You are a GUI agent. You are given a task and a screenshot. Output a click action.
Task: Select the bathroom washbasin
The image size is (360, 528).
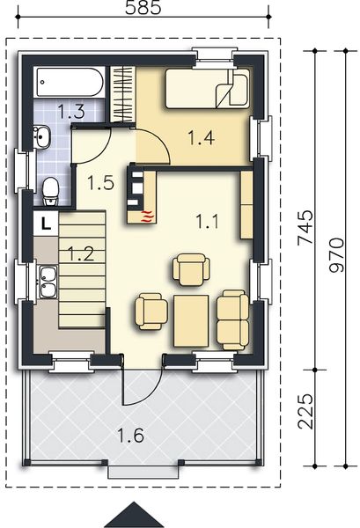(x=40, y=136)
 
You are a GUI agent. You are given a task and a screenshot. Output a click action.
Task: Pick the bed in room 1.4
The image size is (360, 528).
(x=208, y=90)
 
